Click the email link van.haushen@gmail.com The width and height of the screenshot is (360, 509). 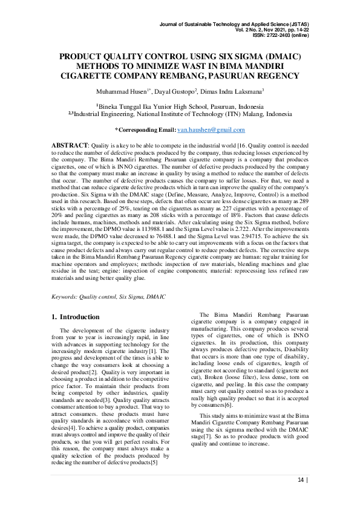tap(211, 129)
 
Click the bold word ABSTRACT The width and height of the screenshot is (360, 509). tap(70, 146)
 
